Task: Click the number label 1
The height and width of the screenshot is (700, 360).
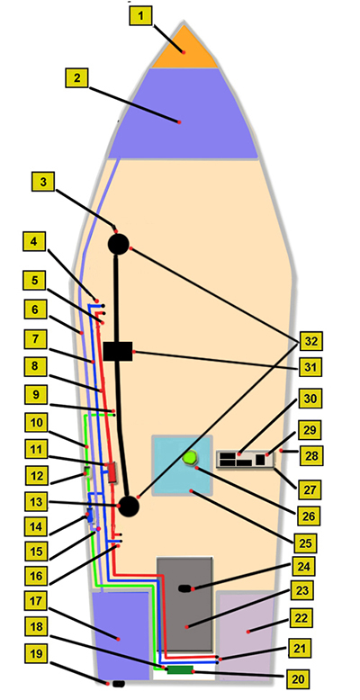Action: point(141,16)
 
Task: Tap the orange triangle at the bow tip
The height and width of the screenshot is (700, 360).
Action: point(184,50)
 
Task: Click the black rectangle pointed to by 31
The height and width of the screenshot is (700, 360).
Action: point(118,351)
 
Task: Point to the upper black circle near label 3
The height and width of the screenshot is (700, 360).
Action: point(119,244)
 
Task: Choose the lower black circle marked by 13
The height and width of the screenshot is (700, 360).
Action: point(129,506)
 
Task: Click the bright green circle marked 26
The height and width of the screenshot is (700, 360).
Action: point(191,459)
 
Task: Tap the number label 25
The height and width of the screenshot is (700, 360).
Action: point(305,543)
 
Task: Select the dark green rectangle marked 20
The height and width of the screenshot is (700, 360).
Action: point(180,669)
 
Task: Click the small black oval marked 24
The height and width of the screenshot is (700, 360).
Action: point(184,588)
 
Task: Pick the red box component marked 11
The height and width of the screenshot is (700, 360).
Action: point(112,472)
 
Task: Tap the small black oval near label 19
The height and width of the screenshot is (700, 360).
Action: point(119,684)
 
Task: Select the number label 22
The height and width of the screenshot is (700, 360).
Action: point(300,618)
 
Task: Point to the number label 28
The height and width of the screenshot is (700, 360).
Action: point(310,455)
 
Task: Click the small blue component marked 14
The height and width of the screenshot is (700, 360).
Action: point(90,516)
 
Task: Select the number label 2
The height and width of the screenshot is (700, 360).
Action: point(76,78)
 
